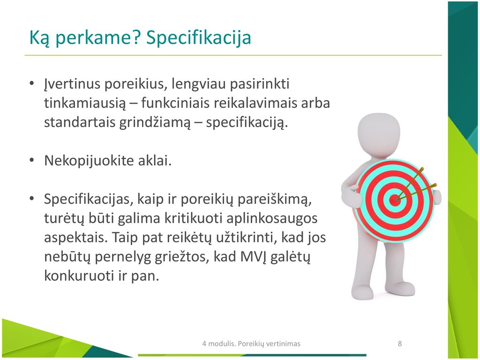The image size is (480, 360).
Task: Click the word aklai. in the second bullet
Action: [155, 160]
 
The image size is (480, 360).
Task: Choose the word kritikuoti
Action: [193, 218]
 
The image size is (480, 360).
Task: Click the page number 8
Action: [399, 344]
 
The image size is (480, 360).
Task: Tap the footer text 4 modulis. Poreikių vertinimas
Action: [251, 344]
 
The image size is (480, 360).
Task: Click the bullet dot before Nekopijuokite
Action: [31, 160]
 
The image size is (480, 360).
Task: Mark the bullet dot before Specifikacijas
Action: [31, 199]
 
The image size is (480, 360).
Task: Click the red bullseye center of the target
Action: [395, 201]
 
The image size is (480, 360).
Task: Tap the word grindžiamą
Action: [155, 122]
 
